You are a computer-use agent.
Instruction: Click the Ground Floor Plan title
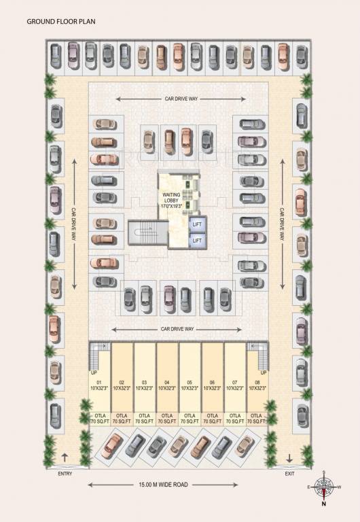click(61, 22)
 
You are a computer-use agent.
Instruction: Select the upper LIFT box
click(197, 224)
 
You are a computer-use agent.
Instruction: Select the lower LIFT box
click(197, 240)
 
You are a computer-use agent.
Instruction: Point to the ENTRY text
click(65, 474)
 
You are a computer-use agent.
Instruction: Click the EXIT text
click(290, 474)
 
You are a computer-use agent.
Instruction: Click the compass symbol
click(324, 487)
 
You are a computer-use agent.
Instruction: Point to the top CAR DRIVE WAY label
click(180, 99)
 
